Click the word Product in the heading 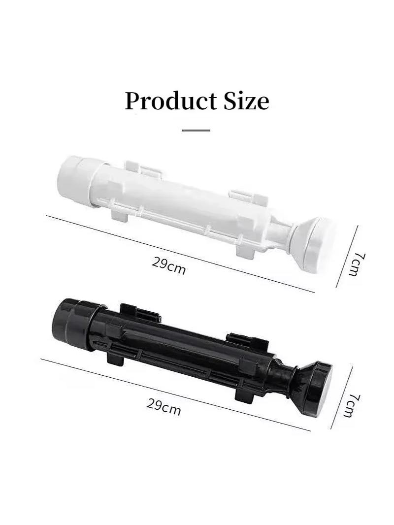point(171,100)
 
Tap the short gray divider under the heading point(196,130)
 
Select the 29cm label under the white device point(168,265)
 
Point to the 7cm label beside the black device point(352,405)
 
